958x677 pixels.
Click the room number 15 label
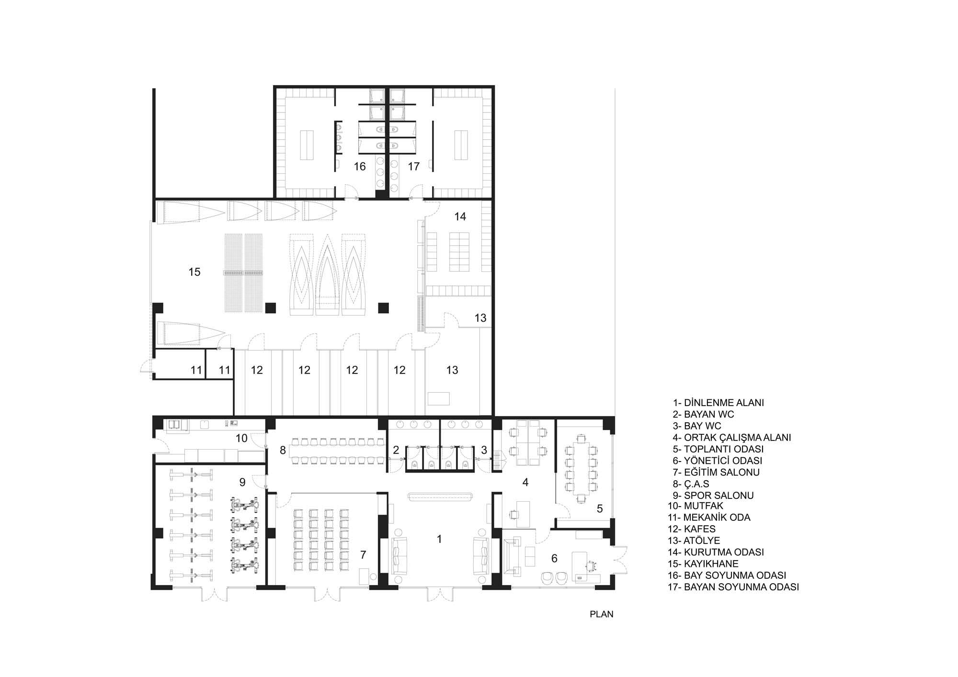click(x=194, y=272)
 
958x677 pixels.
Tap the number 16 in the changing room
click(x=360, y=166)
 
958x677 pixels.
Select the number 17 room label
click(x=414, y=166)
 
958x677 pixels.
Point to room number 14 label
click(x=460, y=216)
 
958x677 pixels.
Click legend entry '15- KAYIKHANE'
click(x=703, y=564)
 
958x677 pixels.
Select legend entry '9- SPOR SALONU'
click(x=713, y=496)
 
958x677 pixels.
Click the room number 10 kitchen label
click(x=241, y=438)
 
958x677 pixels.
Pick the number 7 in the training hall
click(x=363, y=554)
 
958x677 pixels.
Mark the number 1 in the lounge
click(x=439, y=539)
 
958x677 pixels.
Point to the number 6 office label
click(x=554, y=558)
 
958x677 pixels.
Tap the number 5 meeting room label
click(x=600, y=508)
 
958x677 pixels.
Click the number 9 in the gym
click(x=242, y=482)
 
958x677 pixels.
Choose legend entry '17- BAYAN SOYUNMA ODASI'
click(x=733, y=587)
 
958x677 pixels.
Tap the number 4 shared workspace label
click(x=525, y=483)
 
